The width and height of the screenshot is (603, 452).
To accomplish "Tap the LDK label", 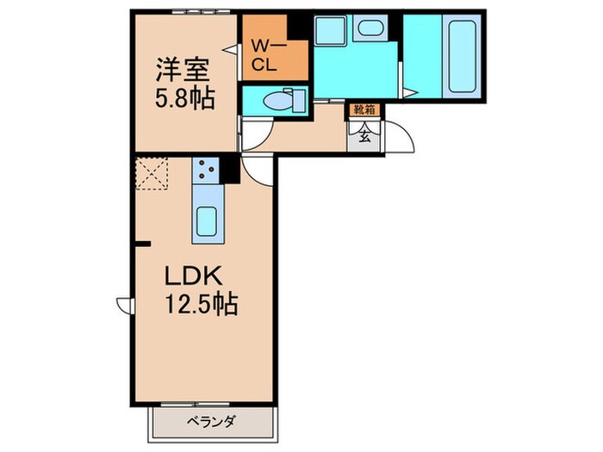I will coord(195,277).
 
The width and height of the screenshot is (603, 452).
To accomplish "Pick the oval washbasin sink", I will coord(370,29).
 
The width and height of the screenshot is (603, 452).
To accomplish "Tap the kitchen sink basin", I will coord(208,223).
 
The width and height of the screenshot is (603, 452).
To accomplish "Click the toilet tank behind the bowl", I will coord(299,100).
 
